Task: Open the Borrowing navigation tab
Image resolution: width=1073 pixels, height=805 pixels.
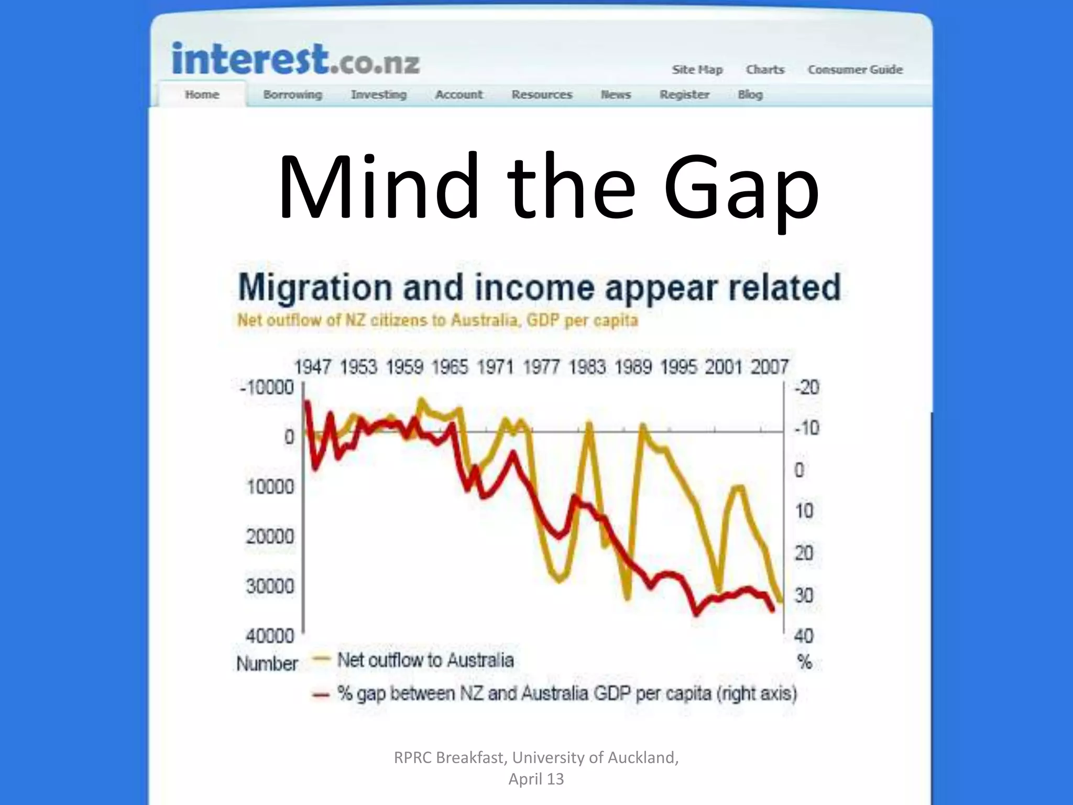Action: tap(292, 95)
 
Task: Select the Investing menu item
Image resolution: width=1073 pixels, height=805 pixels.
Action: tap(379, 95)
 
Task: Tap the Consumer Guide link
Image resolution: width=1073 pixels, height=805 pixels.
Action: tap(855, 70)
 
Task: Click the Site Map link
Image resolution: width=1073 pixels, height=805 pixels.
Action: tap(697, 70)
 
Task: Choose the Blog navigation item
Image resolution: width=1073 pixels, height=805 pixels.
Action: tap(750, 95)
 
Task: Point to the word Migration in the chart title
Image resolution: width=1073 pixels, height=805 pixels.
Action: tap(315, 288)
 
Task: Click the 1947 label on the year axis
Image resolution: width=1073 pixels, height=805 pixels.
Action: tap(312, 367)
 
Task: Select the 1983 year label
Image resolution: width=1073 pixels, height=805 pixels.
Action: tap(587, 367)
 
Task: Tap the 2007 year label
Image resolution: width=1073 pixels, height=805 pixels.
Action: tap(769, 367)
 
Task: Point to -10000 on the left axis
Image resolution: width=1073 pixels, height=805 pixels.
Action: tap(267, 388)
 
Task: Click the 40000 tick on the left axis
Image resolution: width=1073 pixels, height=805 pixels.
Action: tap(270, 636)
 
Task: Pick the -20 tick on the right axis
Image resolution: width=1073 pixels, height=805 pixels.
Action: tap(807, 388)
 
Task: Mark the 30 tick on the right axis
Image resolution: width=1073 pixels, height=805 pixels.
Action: tap(804, 595)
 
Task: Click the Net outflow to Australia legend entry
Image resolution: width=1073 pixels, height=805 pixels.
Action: tap(425, 660)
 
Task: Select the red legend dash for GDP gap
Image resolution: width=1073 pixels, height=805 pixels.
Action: tap(321, 695)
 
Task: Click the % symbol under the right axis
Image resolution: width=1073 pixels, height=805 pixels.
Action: tap(805, 662)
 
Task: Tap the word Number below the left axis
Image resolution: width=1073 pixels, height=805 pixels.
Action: tap(267, 664)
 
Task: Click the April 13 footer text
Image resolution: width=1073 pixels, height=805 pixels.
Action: tap(536, 779)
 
